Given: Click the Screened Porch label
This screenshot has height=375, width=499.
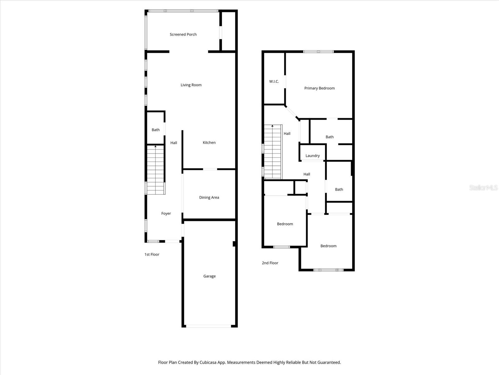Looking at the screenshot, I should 183,34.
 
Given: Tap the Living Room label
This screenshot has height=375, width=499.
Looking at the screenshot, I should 191,85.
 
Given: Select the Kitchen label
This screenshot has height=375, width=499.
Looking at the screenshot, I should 209,142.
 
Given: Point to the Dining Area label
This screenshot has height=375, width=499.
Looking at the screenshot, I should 209,197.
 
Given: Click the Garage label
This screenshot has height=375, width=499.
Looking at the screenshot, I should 209,276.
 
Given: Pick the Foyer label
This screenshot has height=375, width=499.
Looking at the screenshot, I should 166,213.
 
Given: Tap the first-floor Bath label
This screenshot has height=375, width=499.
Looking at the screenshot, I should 156,130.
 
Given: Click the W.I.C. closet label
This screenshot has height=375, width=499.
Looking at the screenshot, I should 274,81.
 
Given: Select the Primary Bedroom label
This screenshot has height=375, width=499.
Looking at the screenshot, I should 319,88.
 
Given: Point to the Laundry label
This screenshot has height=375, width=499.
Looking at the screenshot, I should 312,156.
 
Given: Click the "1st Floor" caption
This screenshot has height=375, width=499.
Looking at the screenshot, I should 152,254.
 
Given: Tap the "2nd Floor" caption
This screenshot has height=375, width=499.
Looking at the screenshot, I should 270,263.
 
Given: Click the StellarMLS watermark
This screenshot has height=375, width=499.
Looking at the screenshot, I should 483,187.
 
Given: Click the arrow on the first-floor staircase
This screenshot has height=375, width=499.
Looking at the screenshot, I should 156,146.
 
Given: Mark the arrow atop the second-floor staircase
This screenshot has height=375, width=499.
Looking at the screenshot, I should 273,126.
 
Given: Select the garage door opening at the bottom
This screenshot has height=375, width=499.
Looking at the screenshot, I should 209,326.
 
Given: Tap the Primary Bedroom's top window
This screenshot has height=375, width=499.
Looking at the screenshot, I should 318,52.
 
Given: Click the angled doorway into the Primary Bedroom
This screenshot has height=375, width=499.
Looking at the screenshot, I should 292,112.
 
